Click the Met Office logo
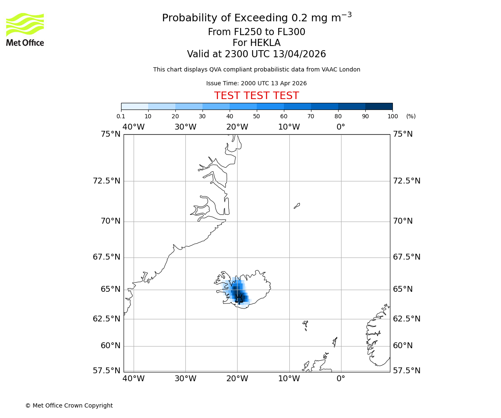pos(25,29)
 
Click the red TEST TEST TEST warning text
pos(256,96)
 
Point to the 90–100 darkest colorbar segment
pos(379,106)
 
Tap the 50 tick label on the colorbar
pos(256,116)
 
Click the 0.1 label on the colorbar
pos(121,116)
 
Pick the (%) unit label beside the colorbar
pos(411,116)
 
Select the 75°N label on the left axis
pos(111,134)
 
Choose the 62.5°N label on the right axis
pos(407,319)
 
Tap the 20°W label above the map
pos(237,127)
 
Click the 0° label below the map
pos(341,379)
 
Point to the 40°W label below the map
pos(134,379)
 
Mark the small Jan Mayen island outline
pos(297,205)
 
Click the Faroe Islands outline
pos(305,325)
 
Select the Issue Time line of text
pos(256,83)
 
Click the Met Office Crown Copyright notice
pos(69,405)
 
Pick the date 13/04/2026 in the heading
pos(299,54)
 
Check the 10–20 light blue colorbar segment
pos(162,106)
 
